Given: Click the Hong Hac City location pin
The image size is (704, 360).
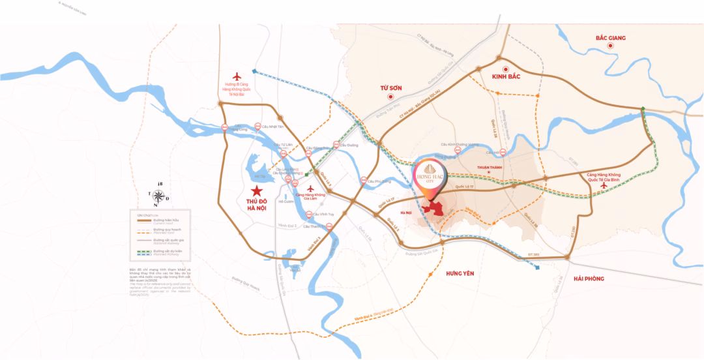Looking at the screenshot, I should click(430, 179).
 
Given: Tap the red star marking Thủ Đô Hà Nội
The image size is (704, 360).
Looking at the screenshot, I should click(257, 191).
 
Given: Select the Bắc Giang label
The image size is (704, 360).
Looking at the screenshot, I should click(610, 38).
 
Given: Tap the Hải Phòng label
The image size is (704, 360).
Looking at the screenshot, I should click(589, 279).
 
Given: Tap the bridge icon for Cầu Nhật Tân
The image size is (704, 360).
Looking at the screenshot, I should click(257, 127).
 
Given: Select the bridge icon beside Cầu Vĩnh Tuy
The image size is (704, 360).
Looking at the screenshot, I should click(308, 214).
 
